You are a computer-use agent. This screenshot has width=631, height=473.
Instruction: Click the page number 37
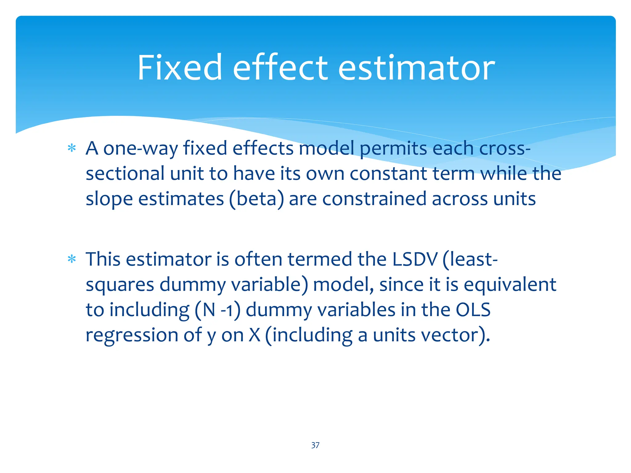pyautogui.click(x=315, y=445)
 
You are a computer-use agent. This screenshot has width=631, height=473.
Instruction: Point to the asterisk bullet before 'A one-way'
pyautogui.click(x=72, y=148)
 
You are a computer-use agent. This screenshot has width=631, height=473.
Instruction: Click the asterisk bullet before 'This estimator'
pyautogui.click(x=72, y=259)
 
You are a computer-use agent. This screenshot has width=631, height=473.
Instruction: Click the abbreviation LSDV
pyautogui.click(x=415, y=259)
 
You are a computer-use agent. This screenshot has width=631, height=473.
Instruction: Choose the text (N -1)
pyautogui.click(x=218, y=310)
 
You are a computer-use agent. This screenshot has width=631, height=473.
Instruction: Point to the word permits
pyautogui.click(x=393, y=149)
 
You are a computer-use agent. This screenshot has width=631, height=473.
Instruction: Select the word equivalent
pyautogui.click(x=510, y=285)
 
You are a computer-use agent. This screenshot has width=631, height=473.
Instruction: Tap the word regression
pyautogui.click(x=132, y=335)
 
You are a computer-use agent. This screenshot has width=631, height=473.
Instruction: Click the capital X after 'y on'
pyautogui.click(x=254, y=335)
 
